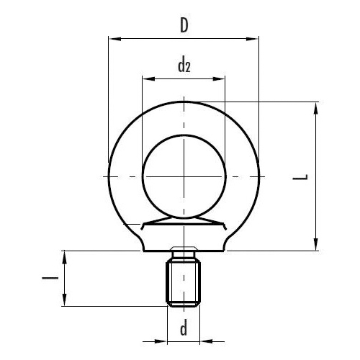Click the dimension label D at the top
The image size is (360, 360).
(184, 27)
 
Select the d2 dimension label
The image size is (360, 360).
(184, 66)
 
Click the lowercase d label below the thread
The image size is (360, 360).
(184, 330)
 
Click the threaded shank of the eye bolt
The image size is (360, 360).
(184, 284)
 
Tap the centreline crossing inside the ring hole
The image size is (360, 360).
(184, 176)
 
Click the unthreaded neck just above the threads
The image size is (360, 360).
(184, 256)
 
